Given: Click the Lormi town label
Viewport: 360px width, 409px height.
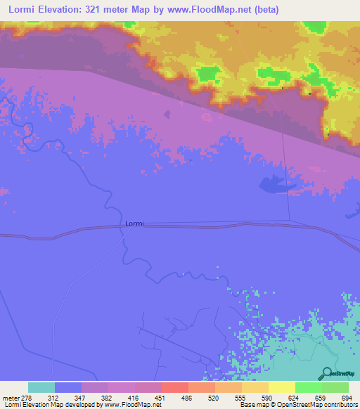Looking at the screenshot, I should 134,223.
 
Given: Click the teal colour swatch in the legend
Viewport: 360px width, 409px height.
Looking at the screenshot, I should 41,388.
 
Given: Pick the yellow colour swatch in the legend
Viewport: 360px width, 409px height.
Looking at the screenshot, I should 282,388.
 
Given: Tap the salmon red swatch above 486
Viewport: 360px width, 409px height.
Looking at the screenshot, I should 175,388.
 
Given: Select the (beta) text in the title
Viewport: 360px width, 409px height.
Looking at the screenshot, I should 265,10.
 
